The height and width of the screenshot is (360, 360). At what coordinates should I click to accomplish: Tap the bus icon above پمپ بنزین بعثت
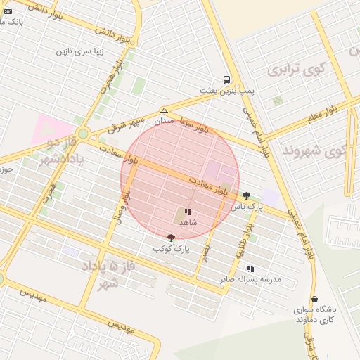[226, 79]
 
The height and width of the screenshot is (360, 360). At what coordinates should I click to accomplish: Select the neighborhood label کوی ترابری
[292, 70]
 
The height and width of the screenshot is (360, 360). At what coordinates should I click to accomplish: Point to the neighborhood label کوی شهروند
[314, 150]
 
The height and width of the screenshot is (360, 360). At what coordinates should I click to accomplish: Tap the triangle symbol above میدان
[164, 110]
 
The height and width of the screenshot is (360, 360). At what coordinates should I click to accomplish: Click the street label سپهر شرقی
[126, 124]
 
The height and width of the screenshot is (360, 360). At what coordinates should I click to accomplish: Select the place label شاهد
[188, 222]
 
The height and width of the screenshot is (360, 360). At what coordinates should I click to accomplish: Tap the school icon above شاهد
[188, 212]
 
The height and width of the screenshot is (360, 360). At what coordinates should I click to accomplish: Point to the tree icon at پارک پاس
[246, 196]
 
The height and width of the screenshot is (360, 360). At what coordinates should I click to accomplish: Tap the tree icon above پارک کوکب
[171, 238]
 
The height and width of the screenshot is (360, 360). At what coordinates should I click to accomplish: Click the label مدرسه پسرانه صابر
[250, 279]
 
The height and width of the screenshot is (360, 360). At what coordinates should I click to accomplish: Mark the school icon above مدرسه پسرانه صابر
[250, 269]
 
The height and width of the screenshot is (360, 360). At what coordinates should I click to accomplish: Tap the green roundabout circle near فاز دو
[83, 133]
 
